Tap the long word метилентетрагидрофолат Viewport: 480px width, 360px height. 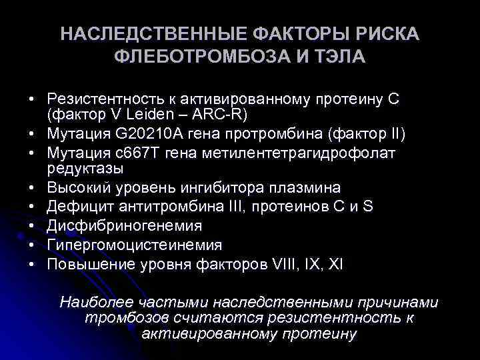(x=319, y=153)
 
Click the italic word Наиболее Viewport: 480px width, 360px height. (x=89, y=302)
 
